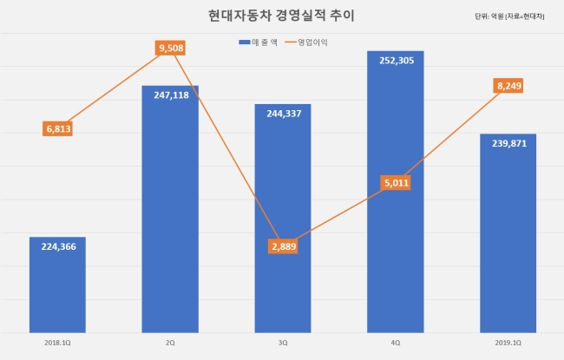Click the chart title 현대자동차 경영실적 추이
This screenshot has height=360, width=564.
(x=281, y=16)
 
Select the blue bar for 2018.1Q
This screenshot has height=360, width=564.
(x=57, y=285)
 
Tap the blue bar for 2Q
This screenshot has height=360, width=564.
(x=170, y=209)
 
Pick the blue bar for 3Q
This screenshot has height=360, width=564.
(x=283, y=219)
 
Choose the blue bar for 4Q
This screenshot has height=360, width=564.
(x=396, y=192)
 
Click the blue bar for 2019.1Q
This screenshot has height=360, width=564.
(x=508, y=233)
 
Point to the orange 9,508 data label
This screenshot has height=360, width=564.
(x=170, y=48)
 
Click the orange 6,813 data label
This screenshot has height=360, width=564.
(x=57, y=128)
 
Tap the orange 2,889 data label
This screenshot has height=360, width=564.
(x=283, y=246)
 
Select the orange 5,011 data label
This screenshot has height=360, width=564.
(x=396, y=183)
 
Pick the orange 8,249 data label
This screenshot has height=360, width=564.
(x=508, y=86)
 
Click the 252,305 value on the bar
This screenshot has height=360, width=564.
(x=397, y=61)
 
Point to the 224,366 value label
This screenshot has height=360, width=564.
(x=59, y=246)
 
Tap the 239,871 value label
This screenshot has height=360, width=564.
(x=509, y=143)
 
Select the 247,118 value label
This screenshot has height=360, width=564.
(x=171, y=95)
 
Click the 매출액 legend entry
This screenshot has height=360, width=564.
(x=258, y=43)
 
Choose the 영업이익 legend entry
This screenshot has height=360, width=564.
(x=306, y=43)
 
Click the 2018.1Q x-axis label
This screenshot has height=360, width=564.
(x=57, y=344)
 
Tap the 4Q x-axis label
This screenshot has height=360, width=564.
(x=396, y=344)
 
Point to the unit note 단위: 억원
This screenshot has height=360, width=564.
(x=489, y=16)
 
